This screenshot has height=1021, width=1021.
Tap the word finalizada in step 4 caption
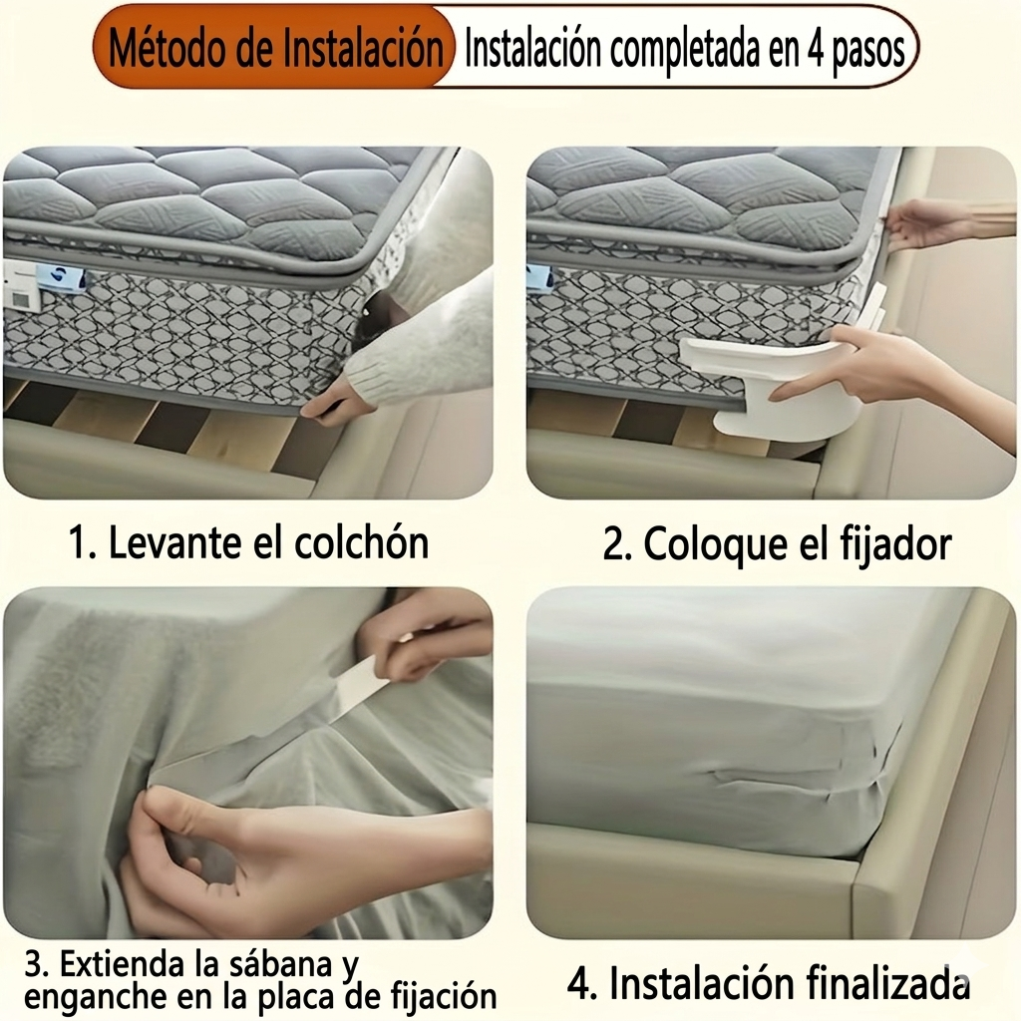[x=888, y=984]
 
